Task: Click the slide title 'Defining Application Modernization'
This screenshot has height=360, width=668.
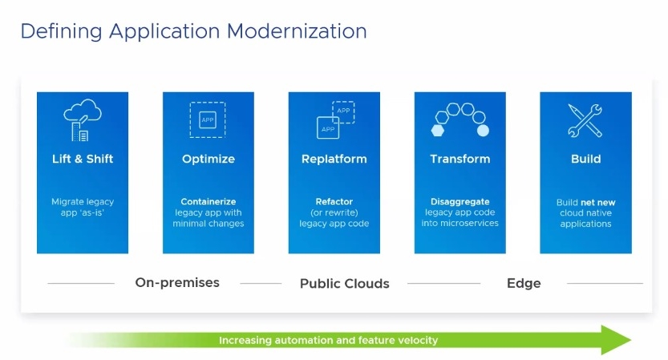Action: pos(193,31)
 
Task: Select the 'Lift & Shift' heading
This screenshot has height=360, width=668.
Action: pos(83,159)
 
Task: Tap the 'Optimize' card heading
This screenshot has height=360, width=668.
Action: pos(208,159)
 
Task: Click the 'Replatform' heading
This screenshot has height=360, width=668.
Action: pos(334,159)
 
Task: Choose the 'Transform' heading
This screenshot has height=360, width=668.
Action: pos(460,159)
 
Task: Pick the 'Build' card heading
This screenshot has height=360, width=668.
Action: pos(585,159)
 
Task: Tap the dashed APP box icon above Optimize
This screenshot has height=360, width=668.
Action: pos(208,119)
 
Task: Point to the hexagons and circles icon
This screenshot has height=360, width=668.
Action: pos(460,119)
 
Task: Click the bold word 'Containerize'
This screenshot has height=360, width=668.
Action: pos(208,202)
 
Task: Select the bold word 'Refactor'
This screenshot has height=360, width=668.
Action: pos(334,202)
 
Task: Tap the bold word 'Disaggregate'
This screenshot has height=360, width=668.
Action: pos(460,202)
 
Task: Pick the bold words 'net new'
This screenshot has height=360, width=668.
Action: pos(598,203)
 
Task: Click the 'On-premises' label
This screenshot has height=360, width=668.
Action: pos(177,282)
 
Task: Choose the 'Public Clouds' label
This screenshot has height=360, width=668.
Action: pos(344,283)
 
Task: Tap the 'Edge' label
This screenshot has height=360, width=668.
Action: pos(524,283)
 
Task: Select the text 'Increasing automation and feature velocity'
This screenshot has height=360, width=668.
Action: pos(329,340)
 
